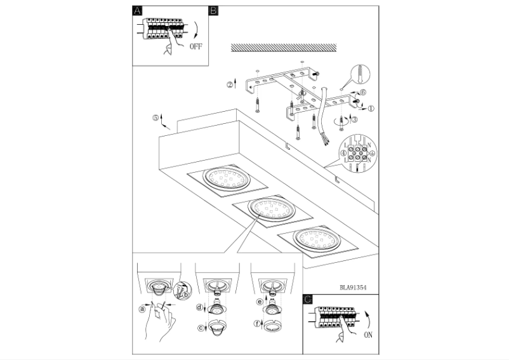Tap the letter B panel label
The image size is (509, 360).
click(213, 11)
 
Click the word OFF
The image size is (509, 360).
click(199, 46)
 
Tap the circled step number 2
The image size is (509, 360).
click(230, 84)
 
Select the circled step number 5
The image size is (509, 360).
click(155, 117)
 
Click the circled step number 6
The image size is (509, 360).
click(363, 93)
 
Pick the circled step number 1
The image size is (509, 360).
click(371, 109)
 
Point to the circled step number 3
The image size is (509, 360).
click(354, 119)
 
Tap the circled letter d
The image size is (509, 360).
click(199, 307)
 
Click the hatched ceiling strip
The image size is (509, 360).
click(283, 47)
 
